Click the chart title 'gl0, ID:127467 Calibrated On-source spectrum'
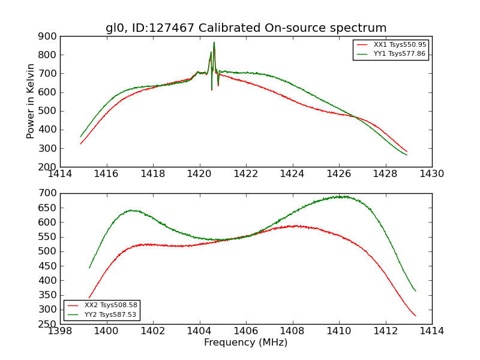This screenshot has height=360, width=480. (x=246, y=28)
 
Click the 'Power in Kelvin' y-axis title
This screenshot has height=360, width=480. (x=31, y=101)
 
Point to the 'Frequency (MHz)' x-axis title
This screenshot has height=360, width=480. (x=246, y=343)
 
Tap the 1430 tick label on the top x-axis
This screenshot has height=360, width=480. (x=432, y=173)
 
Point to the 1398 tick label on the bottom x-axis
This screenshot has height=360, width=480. (x=60, y=331)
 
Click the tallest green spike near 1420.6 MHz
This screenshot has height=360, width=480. (x=214, y=43)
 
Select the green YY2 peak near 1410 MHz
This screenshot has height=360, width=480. (x=340, y=196)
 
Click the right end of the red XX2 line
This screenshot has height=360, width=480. (x=415, y=316)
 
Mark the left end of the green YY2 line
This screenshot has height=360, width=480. (x=89, y=268)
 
